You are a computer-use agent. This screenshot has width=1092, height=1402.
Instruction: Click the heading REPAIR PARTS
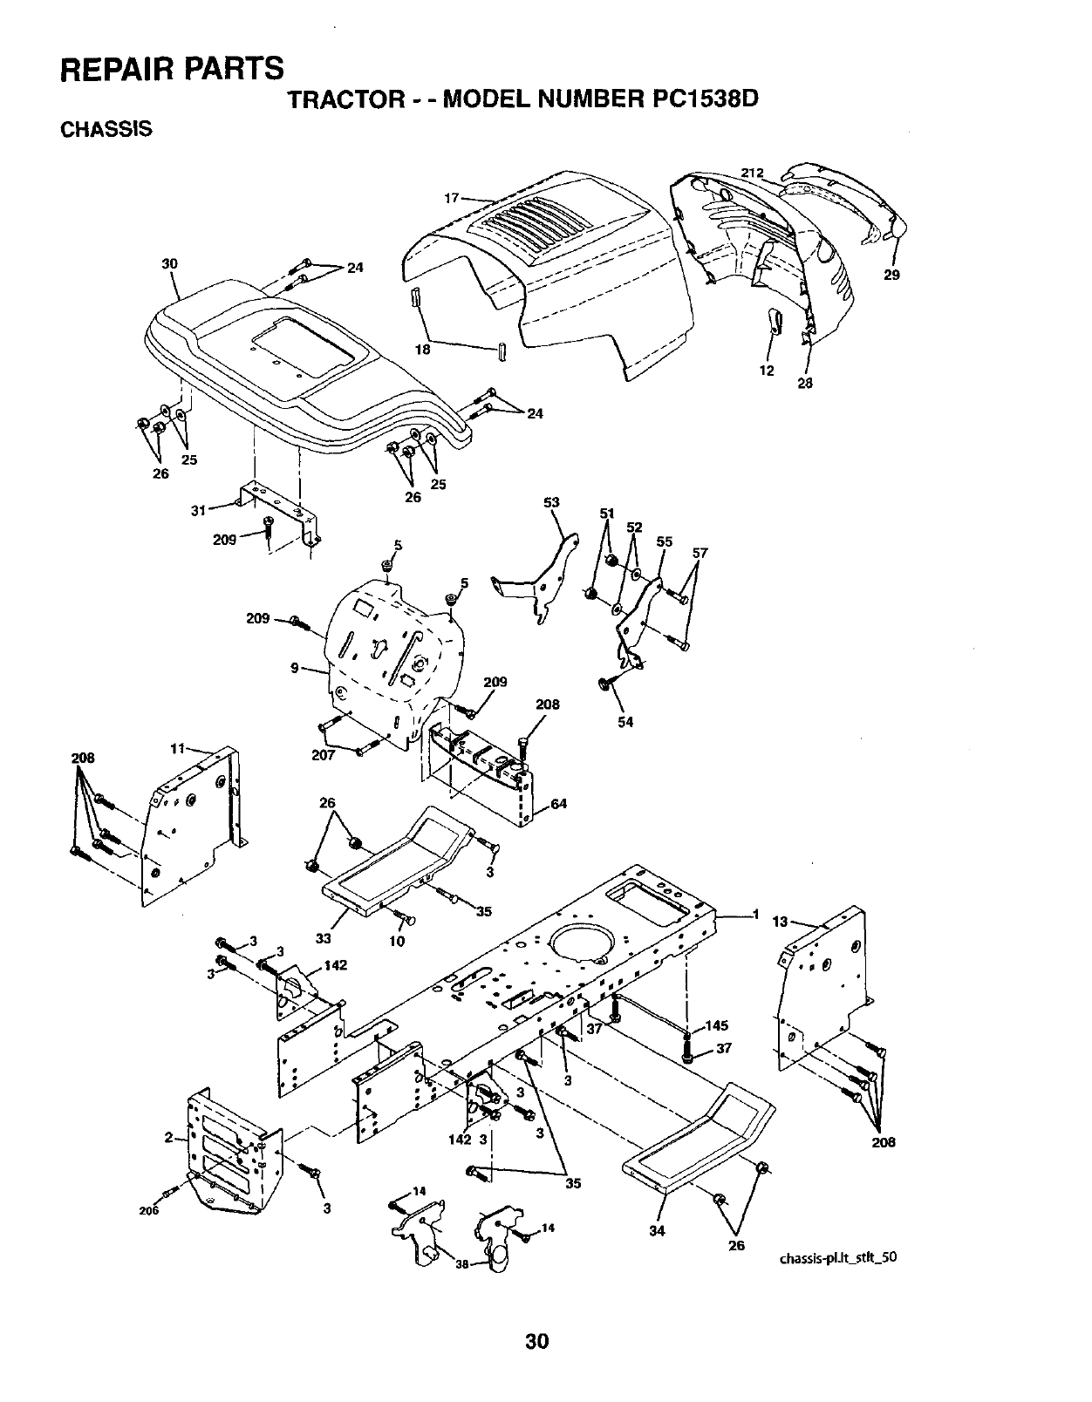[172, 68]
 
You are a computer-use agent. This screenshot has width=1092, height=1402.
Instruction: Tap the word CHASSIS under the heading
[106, 129]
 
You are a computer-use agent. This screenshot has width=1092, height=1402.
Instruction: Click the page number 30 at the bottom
[536, 1341]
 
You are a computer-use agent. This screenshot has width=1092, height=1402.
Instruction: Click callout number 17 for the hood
[452, 198]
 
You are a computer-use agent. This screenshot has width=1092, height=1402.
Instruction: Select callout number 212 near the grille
[752, 172]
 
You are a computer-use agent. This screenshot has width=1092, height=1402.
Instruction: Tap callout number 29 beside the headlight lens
[891, 275]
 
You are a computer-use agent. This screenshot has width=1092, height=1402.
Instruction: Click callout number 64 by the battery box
[558, 803]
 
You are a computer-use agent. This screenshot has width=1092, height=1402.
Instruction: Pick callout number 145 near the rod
[718, 1025]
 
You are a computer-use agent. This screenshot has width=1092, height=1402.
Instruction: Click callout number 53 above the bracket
[551, 502]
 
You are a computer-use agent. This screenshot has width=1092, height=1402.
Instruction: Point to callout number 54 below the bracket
[625, 721]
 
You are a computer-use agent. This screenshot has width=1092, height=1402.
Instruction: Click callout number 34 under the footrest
[658, 1230]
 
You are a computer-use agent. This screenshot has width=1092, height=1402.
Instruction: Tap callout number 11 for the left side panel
[177, 748]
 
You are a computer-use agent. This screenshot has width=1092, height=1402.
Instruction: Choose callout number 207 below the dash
[324, 755]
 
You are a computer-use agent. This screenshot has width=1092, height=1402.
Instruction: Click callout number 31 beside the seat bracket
[198, 511]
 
